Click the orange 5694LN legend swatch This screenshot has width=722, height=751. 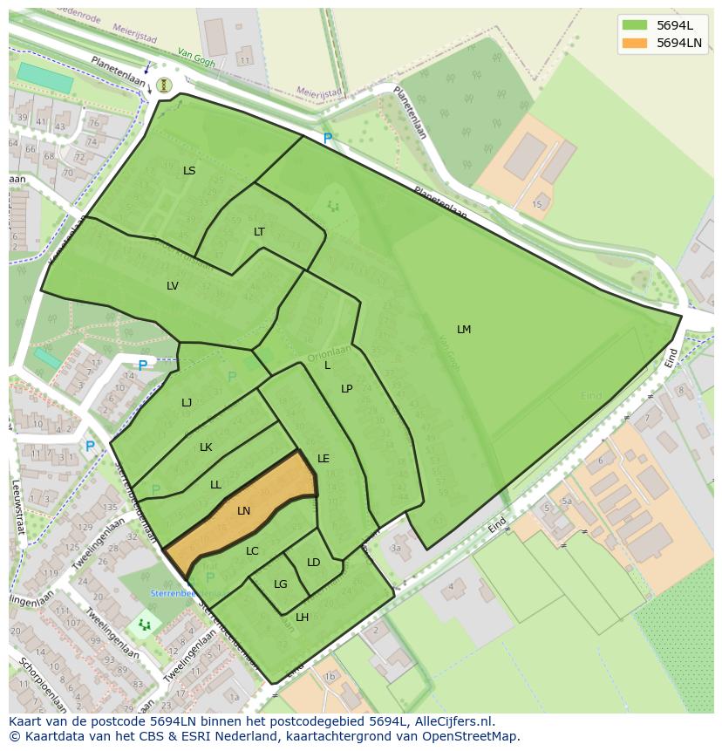point(635,43)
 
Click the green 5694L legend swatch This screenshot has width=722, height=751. point(635,25)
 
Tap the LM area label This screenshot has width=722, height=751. point(464,330)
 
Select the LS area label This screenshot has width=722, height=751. point(189,171)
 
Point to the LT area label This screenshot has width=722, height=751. point(259,232)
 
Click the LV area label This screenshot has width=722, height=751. point(173,286)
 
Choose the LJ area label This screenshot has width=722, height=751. point(187,403)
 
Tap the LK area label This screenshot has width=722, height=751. point(206,447)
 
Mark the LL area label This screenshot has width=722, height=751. point(215,485)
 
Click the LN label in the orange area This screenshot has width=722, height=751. point(244,511)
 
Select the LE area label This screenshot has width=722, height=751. point(324,459)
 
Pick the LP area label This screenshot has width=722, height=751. point(346,389)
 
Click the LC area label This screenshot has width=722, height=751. point(252,551)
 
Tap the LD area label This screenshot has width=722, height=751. point(314,563)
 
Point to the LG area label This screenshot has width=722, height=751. point(281,584)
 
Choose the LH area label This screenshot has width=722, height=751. point(303,618)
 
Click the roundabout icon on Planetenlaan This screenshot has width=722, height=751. point(164,85)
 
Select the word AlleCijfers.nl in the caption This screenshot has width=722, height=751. point(454,722)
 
